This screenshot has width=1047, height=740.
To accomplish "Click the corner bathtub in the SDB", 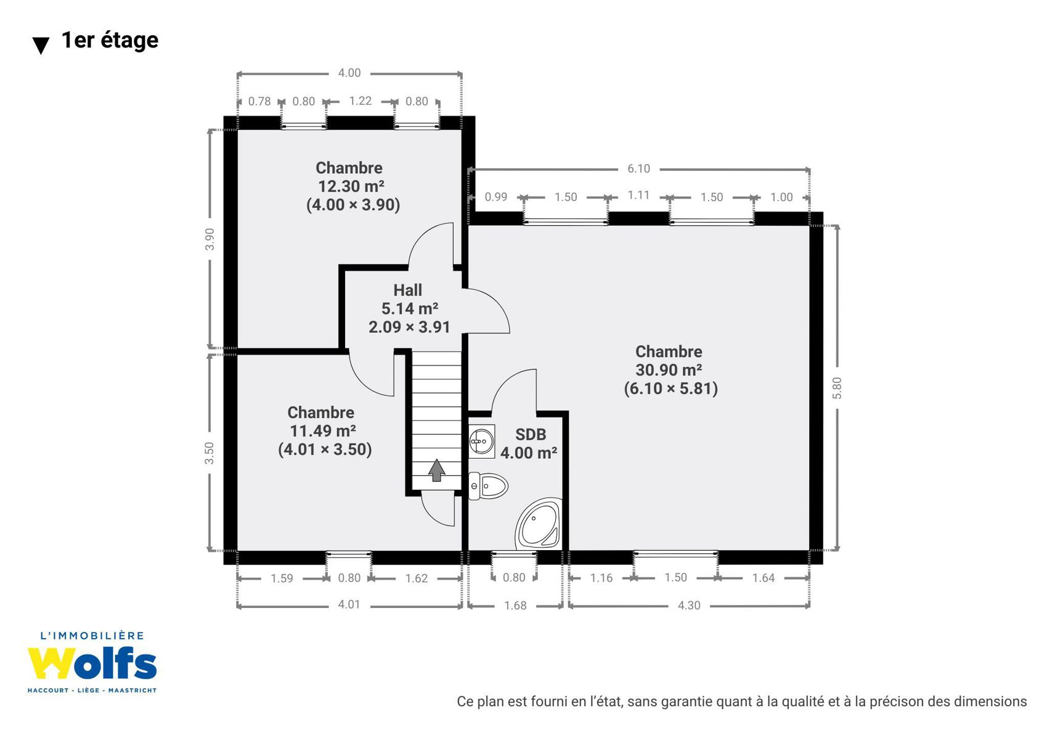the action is coord(538,524).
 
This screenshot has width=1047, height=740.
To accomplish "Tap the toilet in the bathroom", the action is coord(488,486).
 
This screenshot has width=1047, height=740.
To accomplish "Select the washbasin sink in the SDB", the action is coord(481,441).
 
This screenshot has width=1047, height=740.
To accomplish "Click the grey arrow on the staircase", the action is coord(436,470).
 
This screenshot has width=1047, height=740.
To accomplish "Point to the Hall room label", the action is coord(407,290).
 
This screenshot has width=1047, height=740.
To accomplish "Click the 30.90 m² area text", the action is coord(669,370).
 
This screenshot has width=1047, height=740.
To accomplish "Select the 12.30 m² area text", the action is coord(351,186).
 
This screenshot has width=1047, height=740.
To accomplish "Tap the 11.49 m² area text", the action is coord(323,430).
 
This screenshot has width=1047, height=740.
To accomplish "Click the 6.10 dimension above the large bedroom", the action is coord(638,168).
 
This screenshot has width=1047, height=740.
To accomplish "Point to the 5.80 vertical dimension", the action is coord(837,388).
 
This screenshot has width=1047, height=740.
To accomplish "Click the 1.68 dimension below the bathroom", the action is coord(515,606).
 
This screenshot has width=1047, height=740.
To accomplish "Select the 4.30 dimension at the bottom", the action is coord(689,606).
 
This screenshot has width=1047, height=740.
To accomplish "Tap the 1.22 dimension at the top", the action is coord(361,101).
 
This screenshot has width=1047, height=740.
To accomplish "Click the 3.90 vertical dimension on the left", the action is coord(210,239).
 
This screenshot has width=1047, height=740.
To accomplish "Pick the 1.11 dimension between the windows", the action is coord(638,195).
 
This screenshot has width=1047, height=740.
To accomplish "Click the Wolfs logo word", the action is coord(92,664).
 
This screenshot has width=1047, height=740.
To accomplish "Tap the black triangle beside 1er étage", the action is coord(41,46).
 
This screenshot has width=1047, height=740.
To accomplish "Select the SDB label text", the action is coord(531,435).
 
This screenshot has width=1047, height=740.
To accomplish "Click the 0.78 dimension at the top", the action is coord(259,101).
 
